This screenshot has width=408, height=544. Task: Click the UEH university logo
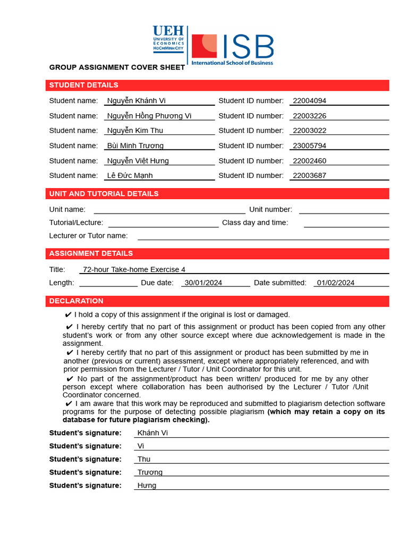pos(168,39)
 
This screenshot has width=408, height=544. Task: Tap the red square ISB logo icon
pos(204,46)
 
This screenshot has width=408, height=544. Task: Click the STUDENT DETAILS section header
pos(83,85)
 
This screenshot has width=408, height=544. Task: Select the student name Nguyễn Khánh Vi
pos(136,100)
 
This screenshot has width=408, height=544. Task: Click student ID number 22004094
pos(309,100)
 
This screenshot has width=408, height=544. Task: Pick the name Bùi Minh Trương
pos(135,146)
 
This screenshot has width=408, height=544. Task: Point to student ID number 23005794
pos(309,146)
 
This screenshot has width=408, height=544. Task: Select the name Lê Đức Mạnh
pos(130,175)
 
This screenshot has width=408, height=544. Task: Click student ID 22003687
pos(309,175)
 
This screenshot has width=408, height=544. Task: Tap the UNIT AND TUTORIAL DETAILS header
pos(104,193)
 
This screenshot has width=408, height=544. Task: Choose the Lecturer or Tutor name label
pos(88,235)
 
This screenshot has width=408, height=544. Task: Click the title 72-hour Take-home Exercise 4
pos(134,269)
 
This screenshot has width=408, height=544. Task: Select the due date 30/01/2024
pos(203,283)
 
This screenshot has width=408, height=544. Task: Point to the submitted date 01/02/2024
pos(335,283)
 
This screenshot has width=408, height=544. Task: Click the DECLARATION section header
pos(76,301)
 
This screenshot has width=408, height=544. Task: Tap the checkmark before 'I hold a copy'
pos(68,314)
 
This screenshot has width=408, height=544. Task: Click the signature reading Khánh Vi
pos(152,433)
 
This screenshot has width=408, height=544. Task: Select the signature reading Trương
pos(150,472)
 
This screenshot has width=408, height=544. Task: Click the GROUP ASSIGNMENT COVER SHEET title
pos(117,67)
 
